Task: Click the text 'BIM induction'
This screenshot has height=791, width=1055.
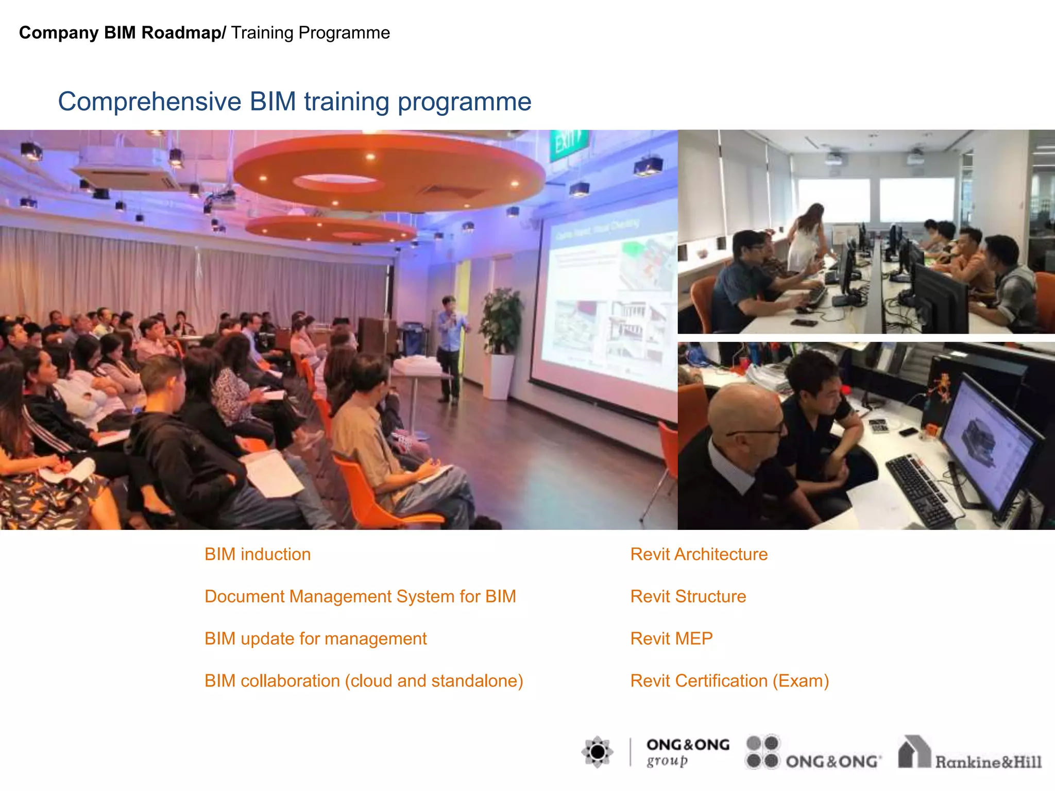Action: coord(258,554)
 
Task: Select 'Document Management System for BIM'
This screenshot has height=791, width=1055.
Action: coord(360,596)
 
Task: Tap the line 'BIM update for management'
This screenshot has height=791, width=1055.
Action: coord(315,639)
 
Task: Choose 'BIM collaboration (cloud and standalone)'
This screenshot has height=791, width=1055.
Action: coord(364,681)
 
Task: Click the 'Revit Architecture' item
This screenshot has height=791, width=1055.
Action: coord(699,554)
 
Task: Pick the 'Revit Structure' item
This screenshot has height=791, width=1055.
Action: coord(688,596)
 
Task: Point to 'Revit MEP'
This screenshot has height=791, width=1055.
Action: coord(671,639)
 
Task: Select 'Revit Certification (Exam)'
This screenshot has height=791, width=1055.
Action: coord(729,681)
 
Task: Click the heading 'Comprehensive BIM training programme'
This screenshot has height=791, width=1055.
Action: coord(294,101)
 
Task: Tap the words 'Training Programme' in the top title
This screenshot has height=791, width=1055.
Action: coord(310,33)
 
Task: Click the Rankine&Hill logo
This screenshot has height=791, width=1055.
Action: coord(969,754)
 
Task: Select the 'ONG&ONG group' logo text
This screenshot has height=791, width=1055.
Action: coord(687,752)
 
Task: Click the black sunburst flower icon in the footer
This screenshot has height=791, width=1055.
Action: coord(597,752)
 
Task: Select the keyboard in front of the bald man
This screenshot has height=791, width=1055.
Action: coord(922,489)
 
